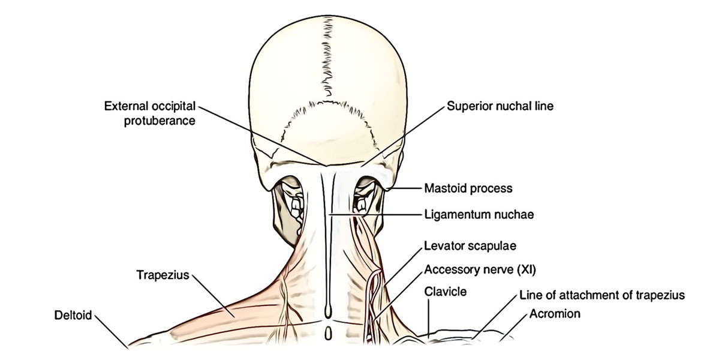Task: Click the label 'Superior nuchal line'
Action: coord(500,106)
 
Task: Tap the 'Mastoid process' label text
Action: coord(468,188)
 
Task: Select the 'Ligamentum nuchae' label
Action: coord(479,214)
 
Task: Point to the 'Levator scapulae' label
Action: coord(471,246)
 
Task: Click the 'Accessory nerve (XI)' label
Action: coord(480,270)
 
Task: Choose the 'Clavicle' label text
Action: coord(445,291)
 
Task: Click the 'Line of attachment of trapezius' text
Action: coord(602,296)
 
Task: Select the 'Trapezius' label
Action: coord(163,275)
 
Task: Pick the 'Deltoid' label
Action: coord(73,315)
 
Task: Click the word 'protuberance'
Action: coord(160,121)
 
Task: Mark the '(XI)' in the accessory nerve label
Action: coord(526,270)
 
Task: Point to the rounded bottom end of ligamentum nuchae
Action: coord(328,313)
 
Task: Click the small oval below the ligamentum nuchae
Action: coord(328,334)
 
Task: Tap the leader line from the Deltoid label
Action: coord(112,332)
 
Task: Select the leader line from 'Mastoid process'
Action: coord(407,188)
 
